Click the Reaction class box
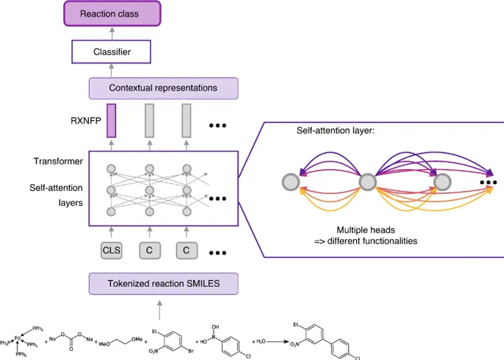click(x=110, y=13)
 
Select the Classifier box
click(x=111, y=52)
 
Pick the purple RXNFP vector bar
click(x=111, y=121)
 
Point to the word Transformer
click(x=57, y=162)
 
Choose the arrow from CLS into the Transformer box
click(x=111, y=232)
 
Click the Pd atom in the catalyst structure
click(x=17, y=338)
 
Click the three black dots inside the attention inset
click(x=490, y=182)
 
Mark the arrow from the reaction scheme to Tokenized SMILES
click(x=159, y=306)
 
